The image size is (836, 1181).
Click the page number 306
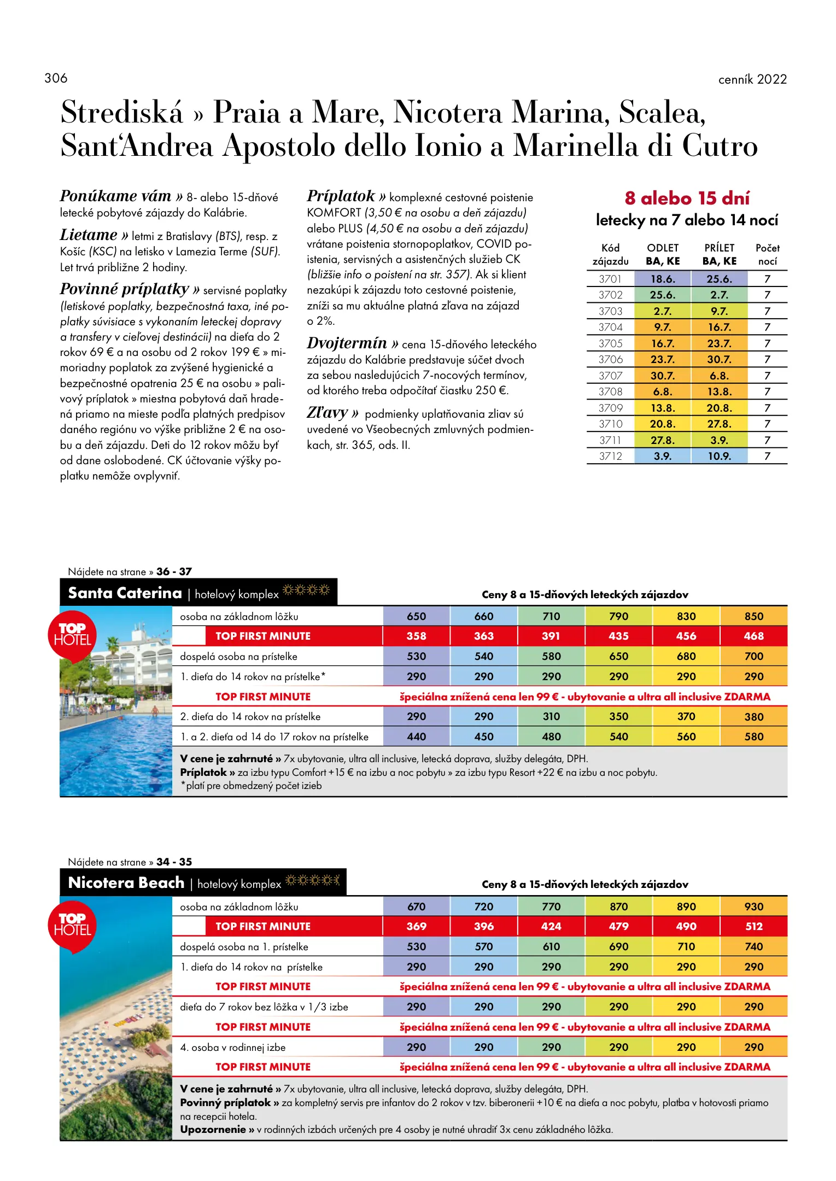[56, 78]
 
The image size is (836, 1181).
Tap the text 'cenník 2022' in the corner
[752, 79]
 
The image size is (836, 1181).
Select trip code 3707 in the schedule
[610, 376]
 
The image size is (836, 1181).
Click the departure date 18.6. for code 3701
[663, 279]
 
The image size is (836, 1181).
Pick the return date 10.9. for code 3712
[719, 456]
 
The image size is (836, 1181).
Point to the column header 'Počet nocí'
[767, 254]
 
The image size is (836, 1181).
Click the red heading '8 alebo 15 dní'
[687, 198]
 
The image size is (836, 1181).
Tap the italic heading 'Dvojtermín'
[347, 343]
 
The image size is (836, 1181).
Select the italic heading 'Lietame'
[89, 235]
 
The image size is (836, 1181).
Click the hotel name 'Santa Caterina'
[125, 593]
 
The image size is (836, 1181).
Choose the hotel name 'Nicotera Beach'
[126, 882]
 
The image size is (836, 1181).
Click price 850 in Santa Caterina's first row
[753, 616]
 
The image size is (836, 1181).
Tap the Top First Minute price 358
[416, 636]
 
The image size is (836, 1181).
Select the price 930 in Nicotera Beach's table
[753, 907]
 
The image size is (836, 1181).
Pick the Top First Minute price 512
[753, 926]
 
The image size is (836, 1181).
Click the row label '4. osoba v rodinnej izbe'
[233, 1048]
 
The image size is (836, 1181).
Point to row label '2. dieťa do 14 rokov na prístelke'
[250, 717]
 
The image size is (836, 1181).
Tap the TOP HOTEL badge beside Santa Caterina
[72, 635]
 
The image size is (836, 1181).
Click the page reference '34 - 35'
[174, 862]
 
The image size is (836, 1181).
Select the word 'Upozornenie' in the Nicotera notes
[213, 1129]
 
